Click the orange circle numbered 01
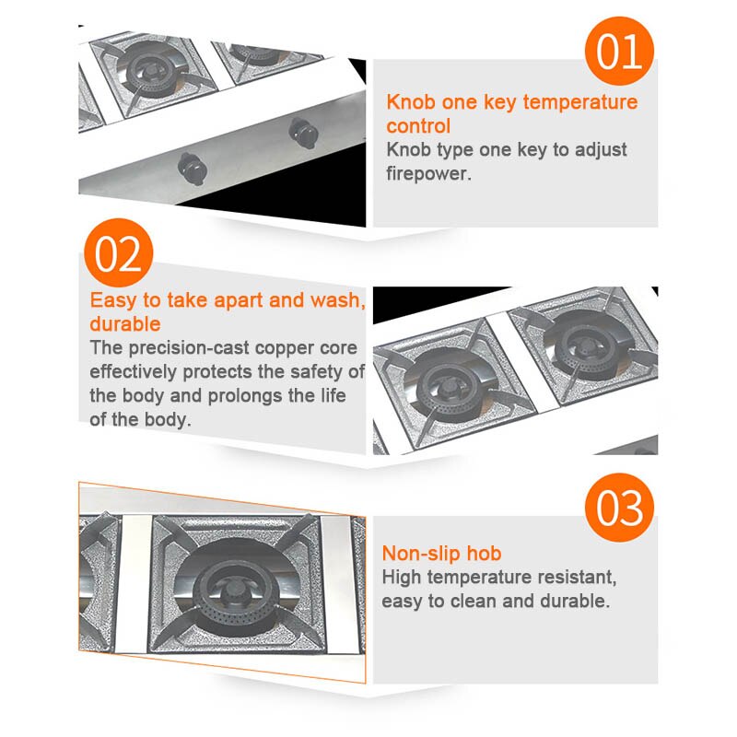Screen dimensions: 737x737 pyautogui.click(x=619, y=52)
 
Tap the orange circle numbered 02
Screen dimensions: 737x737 pyautogui.click(x=119, y=252)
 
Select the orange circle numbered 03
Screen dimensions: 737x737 pyautogui.click(x=619, y=508)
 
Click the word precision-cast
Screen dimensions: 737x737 pyautogui.click(x=190, y=348)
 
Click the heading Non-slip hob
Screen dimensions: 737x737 pyautogui.click(x=442, y=553)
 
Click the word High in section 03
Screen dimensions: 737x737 pyautogui.click(x=403, y=578)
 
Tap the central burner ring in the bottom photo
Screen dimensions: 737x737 pyautogui.click(x=238, y=590)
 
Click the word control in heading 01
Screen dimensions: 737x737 pyautogui.click(x=419, y=126)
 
